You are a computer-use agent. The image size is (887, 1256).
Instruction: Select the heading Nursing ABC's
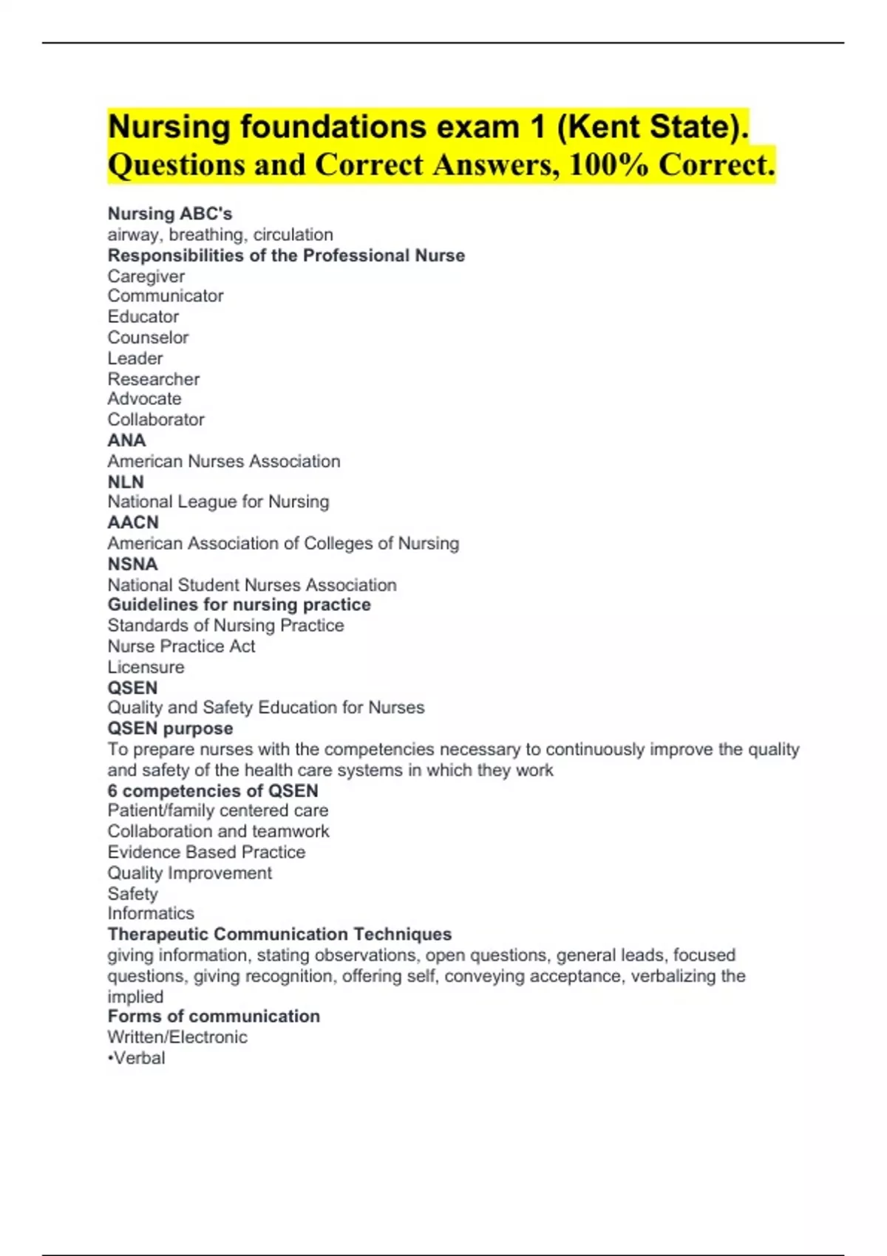click(170, 214)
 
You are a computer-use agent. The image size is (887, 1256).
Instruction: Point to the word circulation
click(293, 234)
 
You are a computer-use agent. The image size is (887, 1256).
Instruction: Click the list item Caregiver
click(146, 276)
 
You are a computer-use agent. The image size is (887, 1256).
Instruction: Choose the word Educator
click(143, 316)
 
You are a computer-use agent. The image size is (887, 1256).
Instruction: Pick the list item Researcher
click(154, 379)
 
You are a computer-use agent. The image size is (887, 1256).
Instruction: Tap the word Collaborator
click(156, 420)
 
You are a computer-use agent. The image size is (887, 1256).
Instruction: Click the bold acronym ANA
click(127, 440)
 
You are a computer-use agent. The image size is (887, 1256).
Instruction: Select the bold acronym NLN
click(126, 482)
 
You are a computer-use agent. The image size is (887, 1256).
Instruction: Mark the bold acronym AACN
click(133, 522)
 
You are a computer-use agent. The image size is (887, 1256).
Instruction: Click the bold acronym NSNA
click(133, 564)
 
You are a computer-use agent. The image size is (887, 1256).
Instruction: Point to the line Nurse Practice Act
click(181, 646)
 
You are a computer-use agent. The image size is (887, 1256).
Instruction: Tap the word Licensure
click(146, 666)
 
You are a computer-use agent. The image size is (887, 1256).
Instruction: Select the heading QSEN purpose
click(171, 728)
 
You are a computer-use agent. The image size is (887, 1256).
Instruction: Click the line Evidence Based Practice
click(206, 852)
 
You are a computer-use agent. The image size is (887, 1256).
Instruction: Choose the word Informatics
click(151, 913)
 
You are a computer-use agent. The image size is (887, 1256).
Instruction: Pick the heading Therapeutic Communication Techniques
click(279, 934)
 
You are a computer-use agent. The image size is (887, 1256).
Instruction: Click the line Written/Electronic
click(177, 1037)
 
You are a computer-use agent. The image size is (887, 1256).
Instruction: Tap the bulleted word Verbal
click(139, 1058)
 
